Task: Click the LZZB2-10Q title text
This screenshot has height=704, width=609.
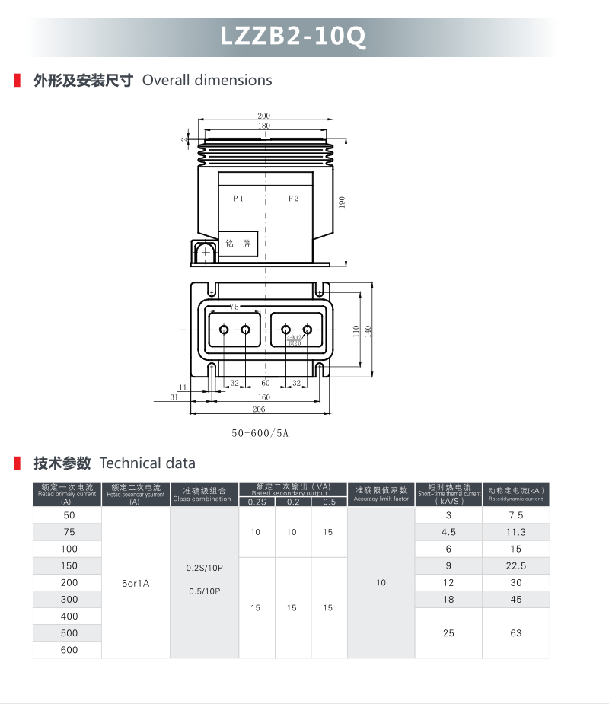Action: click(x=293, y=37)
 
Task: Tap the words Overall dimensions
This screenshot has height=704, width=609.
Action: click(x=207, y=80)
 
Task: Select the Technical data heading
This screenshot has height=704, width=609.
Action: click(x=148, y=463)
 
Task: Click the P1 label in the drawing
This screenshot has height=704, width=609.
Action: click(x=238, y=199)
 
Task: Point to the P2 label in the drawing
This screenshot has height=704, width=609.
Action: click(x=294, y=199)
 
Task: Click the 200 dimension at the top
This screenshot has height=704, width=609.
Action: click(x=264, y=116)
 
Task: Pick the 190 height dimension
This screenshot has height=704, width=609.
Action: click(x=342, y=202)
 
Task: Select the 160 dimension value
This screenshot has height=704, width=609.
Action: click(x=264, y=397)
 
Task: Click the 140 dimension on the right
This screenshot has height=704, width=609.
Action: click(x=368, y=331)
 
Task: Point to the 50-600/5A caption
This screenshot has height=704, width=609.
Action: click(x=260, y=434)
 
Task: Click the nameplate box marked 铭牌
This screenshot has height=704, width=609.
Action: click(x=238, y=244)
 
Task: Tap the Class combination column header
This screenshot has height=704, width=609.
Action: click(x=202, y=495)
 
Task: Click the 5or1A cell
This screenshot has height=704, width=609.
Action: click(x=136, y=583)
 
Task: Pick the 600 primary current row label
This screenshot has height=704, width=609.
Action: click(x=69, y=650)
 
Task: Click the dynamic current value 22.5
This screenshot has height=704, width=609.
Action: click(x=516, y=565)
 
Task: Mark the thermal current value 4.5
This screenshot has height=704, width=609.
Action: click(x=448, y=532)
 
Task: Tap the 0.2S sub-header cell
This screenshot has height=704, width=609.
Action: click(x=257, y=502)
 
